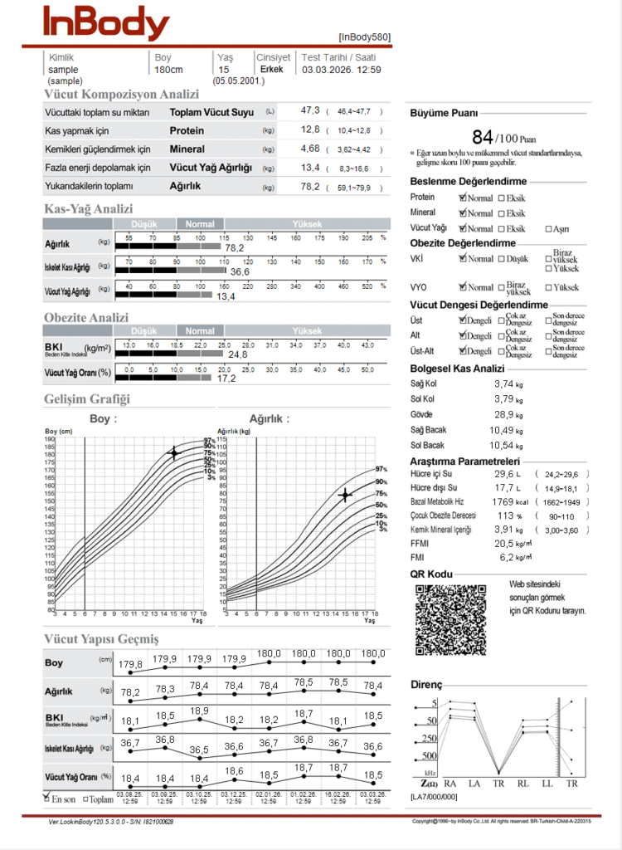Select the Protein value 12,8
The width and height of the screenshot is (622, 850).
(310, 129)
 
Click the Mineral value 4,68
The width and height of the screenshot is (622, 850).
(309, 149)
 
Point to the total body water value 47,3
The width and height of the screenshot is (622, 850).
(310, 110)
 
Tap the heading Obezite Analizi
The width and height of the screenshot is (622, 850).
(86, 317)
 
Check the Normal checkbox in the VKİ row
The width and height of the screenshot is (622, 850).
(463, 258)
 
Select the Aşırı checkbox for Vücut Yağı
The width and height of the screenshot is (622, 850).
(548, 228)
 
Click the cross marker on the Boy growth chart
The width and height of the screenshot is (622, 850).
(173, 452)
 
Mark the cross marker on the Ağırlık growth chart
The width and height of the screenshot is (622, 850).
(344, 496)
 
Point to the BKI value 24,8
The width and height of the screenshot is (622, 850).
(238, 354)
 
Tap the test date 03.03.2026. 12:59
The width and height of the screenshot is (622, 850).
(341, 70)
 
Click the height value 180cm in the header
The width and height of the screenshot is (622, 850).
(168, 70)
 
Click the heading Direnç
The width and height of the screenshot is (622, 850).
(426, 685)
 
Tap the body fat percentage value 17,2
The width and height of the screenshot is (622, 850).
(226, 378)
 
